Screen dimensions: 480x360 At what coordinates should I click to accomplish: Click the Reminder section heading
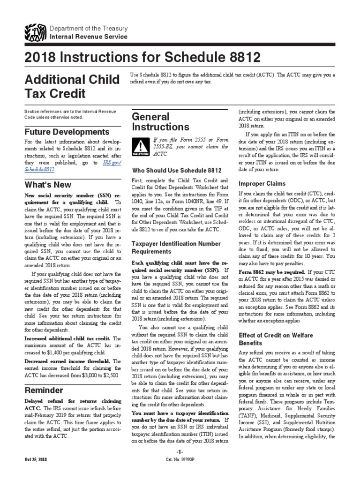pyautogui.click(x=44, y=390)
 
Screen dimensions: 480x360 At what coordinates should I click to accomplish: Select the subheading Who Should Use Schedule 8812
pyautogui.click(x=176, y=170)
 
